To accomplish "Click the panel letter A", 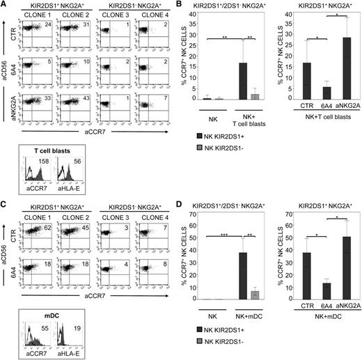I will click(4, 5).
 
